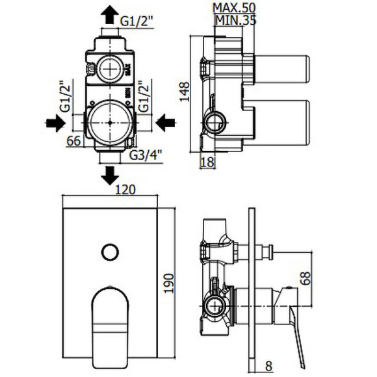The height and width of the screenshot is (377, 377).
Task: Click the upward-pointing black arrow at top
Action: pos(110,14)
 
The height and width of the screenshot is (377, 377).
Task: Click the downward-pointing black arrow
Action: pos(110,175)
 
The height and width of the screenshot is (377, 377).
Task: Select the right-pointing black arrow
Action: pos(56,123)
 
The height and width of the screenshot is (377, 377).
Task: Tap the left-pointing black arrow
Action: pos(165,123)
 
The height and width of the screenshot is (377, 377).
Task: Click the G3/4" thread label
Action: pos(146,155)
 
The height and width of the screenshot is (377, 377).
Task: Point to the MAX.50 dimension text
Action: pos(234,8)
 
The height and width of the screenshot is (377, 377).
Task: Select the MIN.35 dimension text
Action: pos(235,20)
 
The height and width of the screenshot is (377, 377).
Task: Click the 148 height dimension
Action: pos(185,92)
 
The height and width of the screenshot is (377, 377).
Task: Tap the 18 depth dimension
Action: pos(207,162)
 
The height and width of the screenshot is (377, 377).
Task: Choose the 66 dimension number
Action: pos(73,141)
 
